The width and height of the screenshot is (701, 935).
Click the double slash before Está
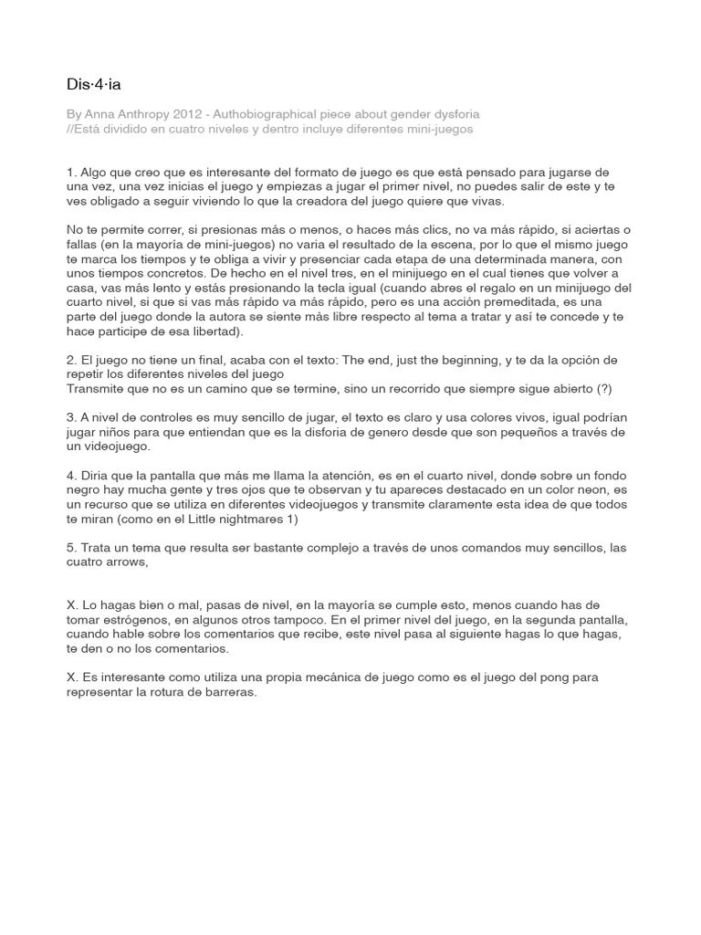point(70,129)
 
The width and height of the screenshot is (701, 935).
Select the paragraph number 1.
point(71,172)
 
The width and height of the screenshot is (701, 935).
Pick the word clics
point(382,230)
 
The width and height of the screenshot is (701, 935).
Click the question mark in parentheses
point(604,388)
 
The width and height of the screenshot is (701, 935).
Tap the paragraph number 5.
point(71,548)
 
